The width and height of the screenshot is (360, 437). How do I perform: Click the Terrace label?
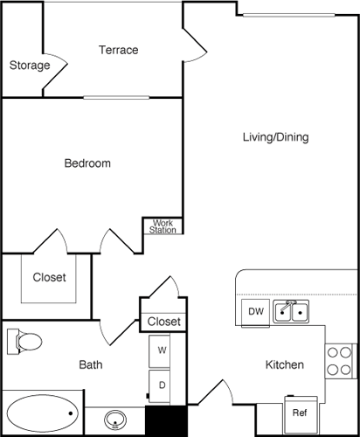(118, 50)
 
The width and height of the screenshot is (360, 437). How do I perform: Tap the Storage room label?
(29, 66)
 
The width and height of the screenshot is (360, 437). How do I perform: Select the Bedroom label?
(87, 163)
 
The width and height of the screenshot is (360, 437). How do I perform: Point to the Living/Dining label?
(275, 137)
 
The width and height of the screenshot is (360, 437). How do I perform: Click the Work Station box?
(163, 226)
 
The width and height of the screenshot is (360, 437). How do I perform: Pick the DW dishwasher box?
(255, 311)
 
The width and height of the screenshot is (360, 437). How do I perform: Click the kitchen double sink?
(291, 310)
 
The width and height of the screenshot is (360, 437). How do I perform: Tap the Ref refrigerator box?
(299, 412)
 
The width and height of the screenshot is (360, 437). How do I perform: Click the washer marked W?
(162, 350)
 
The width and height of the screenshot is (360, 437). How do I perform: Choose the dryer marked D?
(162, 384)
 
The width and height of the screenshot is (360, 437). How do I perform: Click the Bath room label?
(92, 364)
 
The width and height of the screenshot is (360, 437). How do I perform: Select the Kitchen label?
(285, 364)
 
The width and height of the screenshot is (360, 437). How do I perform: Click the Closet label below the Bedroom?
(49, 278)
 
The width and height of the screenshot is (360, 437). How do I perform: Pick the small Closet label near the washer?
(163, 322)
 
